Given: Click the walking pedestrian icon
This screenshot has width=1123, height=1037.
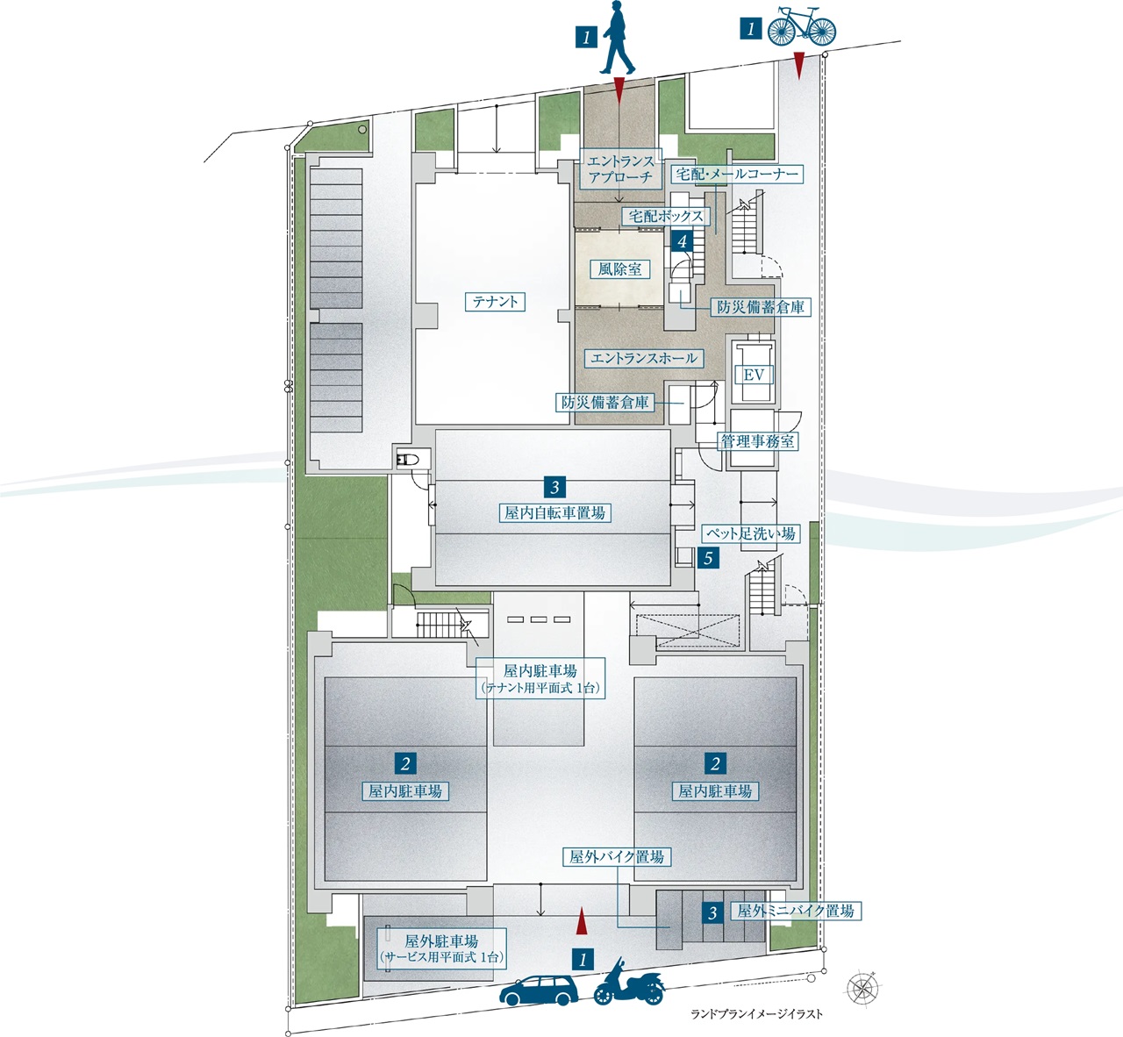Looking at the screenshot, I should [x=619, y=39].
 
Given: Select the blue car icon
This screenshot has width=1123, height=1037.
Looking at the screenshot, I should [x=539, y=990].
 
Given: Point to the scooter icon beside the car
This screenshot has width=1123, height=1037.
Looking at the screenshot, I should [x=628, y=983].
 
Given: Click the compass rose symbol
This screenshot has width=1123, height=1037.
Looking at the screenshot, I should [x=863, y=988].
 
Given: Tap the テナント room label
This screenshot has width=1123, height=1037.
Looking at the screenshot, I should [x=496, y=302].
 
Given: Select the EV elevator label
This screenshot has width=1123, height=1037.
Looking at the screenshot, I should [x=754, y=375].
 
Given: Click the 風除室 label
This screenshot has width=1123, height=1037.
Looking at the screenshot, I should [x=619, y=269].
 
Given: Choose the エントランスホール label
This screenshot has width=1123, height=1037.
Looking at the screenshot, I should [x=643, y=358].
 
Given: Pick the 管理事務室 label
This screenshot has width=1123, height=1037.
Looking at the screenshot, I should [x=758, y=441].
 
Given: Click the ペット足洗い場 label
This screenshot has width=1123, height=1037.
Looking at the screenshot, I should [x=751, y=533].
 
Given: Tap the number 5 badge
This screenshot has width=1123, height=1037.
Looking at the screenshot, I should [x=707, y=557].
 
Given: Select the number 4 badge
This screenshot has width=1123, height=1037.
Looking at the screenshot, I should [x=682, y=240].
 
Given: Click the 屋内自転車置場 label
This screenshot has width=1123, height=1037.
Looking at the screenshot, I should [x=554, y=513].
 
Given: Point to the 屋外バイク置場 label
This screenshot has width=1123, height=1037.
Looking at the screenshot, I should [x=616, y=857].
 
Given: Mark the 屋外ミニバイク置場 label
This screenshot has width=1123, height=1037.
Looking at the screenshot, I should [x=795, y=911].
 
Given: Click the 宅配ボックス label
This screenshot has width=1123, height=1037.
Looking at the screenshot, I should [x=666, y=216].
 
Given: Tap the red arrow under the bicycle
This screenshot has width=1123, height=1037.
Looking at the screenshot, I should [x=798, y=64].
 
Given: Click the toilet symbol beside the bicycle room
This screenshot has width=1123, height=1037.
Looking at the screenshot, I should [x=408, y=458].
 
